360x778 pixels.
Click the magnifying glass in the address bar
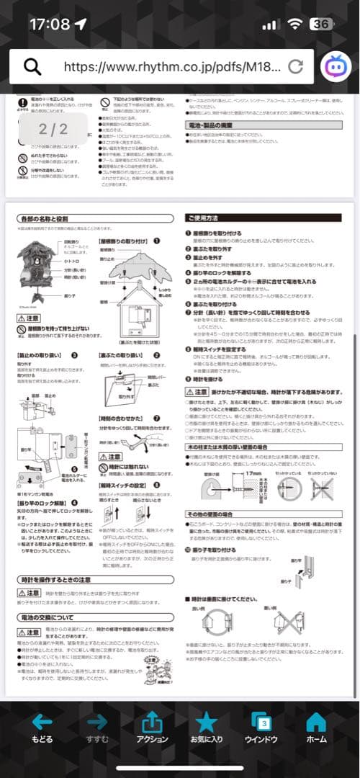(33, 67)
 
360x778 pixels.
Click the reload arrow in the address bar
(295, 67)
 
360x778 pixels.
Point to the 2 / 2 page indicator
(53, 129)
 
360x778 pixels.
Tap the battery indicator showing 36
(322, 24)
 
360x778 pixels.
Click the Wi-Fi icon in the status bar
(294, 24)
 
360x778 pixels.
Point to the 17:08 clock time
(49, 24)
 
